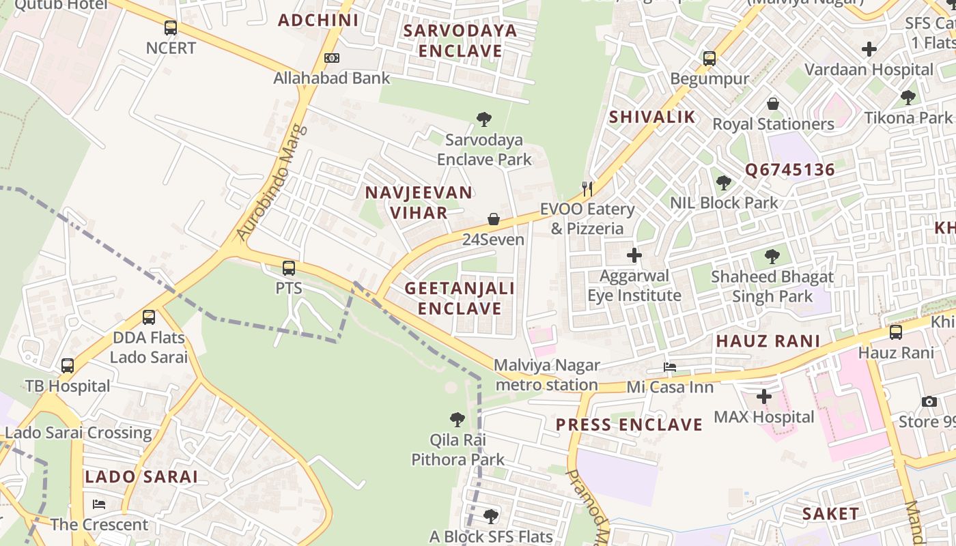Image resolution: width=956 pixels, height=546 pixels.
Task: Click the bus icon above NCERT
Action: click(x=171, y=28)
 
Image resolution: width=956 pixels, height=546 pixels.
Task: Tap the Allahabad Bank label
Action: click(x=332, y=78)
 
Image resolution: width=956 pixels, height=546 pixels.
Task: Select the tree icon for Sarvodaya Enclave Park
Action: click(x=484, y=120)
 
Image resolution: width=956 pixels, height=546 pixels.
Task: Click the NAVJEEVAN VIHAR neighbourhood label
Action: click(x=419, y=202)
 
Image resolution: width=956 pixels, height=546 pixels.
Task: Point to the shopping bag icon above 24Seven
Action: click(x=493, y=219)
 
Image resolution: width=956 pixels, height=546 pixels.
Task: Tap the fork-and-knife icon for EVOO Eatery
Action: click(x=587, y=188)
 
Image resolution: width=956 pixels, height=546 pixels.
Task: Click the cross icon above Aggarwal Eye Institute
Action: click(x=634, y=256)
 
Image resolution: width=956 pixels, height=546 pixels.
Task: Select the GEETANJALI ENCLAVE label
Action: click(x=460, y=298)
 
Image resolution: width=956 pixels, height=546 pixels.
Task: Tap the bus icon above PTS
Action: click(x=289, y=268)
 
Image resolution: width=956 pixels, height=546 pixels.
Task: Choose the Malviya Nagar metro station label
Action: click(x=547, y=375)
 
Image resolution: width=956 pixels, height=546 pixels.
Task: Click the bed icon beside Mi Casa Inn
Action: click(x=670, y=367)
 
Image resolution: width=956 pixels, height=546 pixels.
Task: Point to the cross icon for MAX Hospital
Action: click(x=764, y=397)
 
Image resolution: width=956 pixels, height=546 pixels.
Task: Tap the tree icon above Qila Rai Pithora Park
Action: click(x=458, y=419)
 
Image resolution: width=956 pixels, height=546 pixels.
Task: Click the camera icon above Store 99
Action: click(x=929, y=401)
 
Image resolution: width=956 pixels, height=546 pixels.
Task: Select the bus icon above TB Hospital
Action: click(x=68, y=366)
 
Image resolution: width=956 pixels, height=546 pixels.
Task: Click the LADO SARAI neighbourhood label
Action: click(x=141, y=476)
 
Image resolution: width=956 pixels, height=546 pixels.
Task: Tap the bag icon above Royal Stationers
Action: click(x=773, y=104)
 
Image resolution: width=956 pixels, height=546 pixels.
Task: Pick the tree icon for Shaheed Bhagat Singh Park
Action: click(x=772, y=257)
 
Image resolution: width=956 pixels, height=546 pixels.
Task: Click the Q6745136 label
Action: click(x=790, y=169)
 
